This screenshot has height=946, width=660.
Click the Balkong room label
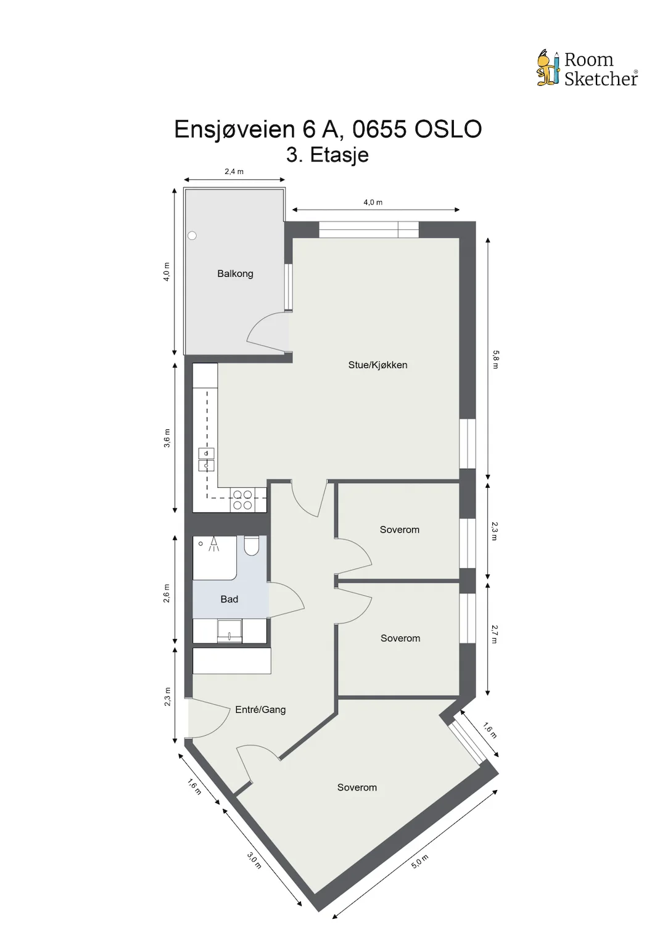click(235, 274)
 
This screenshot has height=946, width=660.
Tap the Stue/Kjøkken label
click(377, 365)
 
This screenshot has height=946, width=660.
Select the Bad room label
click(229, 599)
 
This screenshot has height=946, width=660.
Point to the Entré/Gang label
click(260, 710)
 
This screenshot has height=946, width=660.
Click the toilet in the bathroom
click(252, 546)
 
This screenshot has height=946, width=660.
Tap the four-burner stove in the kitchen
click(242, 500)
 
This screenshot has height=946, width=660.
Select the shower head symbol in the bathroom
click(214, 544)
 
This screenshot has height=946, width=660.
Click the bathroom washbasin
click(229, 631)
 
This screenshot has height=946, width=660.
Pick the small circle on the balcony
click(192, 236)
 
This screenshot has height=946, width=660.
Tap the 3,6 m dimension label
click(167, 438)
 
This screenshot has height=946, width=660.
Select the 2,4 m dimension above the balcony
click(234, 171)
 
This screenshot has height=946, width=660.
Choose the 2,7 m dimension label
click(495, 635)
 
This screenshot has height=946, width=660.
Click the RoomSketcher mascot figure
click(548, 68)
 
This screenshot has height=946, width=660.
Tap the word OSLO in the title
click(448, 129)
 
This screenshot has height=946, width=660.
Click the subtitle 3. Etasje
click(328, 155)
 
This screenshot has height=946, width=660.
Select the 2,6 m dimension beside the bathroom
click(167, 593)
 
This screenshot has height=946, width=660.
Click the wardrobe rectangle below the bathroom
click(232, 661)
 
